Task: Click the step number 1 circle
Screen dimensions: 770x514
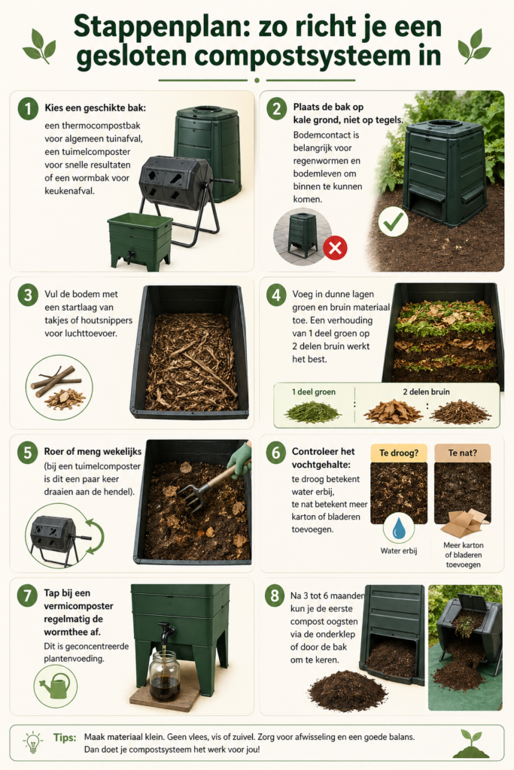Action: pos(27,110)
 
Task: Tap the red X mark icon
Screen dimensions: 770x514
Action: pos(334,247)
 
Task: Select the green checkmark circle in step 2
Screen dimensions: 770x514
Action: pos(394,223)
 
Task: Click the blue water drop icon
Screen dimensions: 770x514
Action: pos(399,529)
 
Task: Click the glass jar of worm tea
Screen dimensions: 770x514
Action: pos(164,675)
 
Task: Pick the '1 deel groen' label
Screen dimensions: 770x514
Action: pos(313,392)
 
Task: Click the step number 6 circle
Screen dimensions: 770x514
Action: pos(277,453)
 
